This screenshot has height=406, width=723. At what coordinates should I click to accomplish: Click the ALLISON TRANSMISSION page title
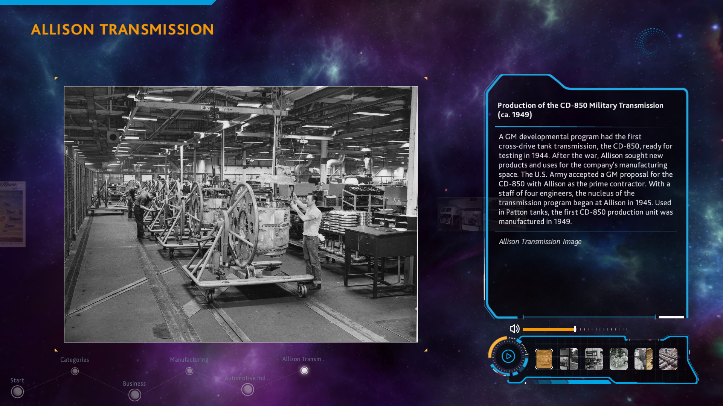(x=122, y=29)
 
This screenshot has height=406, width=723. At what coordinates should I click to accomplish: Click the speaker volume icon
(x=514, y=329)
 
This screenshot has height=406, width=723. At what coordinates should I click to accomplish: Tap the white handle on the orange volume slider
(x=575, y=329)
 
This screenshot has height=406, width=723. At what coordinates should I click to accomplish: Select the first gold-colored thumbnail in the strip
(x=544, y=359)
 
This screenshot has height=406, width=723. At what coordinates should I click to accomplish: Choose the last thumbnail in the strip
(x=668, y=359)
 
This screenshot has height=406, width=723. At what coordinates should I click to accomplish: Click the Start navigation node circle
(x=17, y=392)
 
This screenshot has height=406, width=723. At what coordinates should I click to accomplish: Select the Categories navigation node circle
(x=75, y=371)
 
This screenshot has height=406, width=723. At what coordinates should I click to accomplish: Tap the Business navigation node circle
(x=135, y=395)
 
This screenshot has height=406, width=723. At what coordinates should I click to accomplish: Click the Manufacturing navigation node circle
(x=189, y=371)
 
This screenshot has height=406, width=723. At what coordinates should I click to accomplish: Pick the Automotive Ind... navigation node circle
(x=247, y=390)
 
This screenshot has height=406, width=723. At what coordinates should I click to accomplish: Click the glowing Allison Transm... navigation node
(x=304, y=371)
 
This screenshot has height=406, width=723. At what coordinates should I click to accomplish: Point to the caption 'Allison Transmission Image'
(x=540, y=242)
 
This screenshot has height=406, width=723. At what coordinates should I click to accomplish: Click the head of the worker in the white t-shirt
(x=312, y=199)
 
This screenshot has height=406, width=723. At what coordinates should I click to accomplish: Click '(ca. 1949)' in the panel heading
(x=515, y=115)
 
